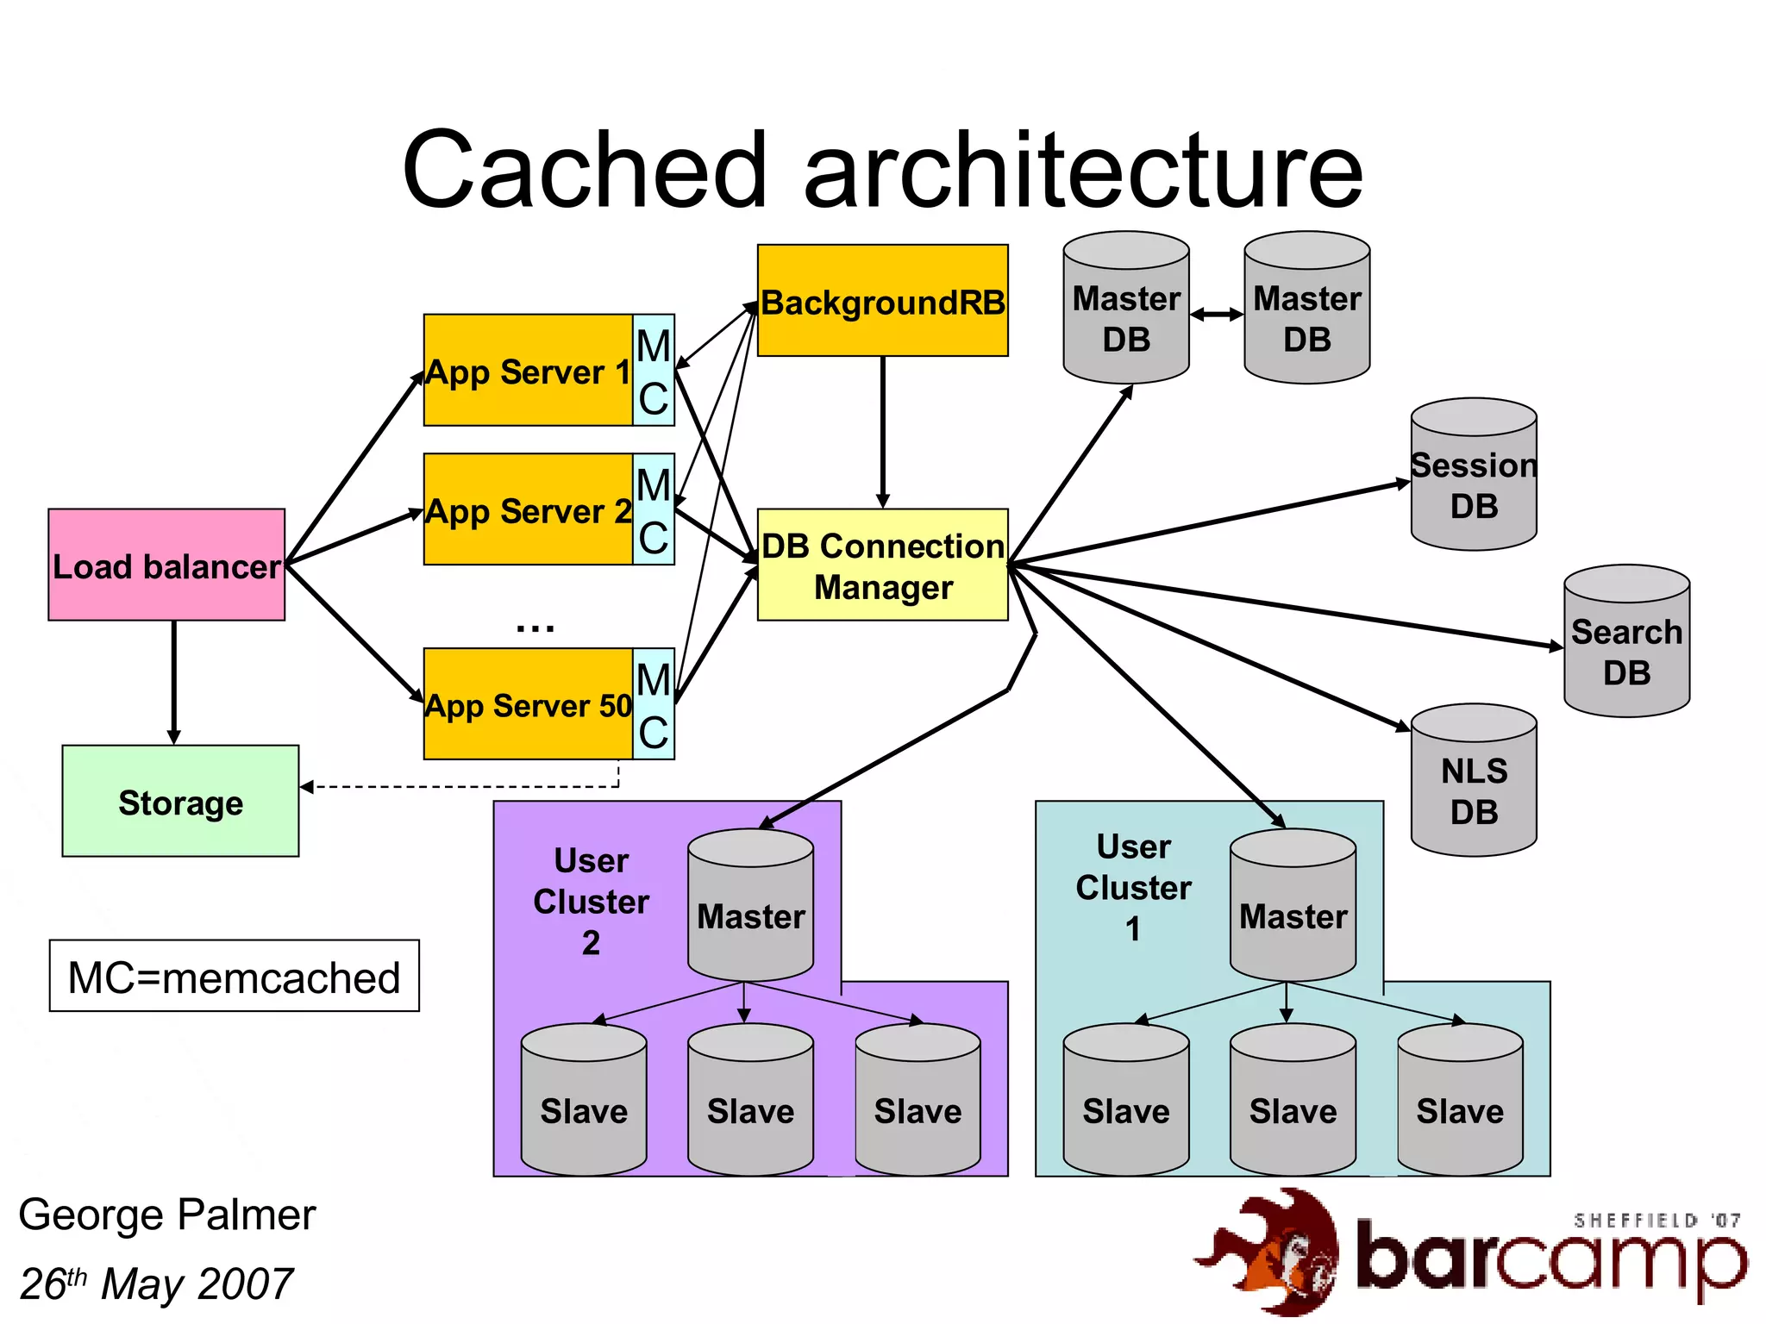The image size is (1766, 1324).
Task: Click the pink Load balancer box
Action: (x=166, y=565)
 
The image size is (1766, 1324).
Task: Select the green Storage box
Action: (x=180, y=801)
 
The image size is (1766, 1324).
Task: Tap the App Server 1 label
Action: (x=528, y=372)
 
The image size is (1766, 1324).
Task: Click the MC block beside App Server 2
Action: (x=654, y=509)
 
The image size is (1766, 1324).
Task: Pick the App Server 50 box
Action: (x=528, y=704)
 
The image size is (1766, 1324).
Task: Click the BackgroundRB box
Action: (x=882, y=301)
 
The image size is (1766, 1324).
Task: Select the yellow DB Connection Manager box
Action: (x=882, y=565)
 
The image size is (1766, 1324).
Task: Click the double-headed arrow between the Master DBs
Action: (x=1216, y=315)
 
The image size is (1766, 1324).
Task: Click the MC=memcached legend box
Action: (x=234, y=977)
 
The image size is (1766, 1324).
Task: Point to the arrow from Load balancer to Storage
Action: (x=174, y=681)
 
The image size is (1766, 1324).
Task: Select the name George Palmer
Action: (x=167, y=1215)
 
